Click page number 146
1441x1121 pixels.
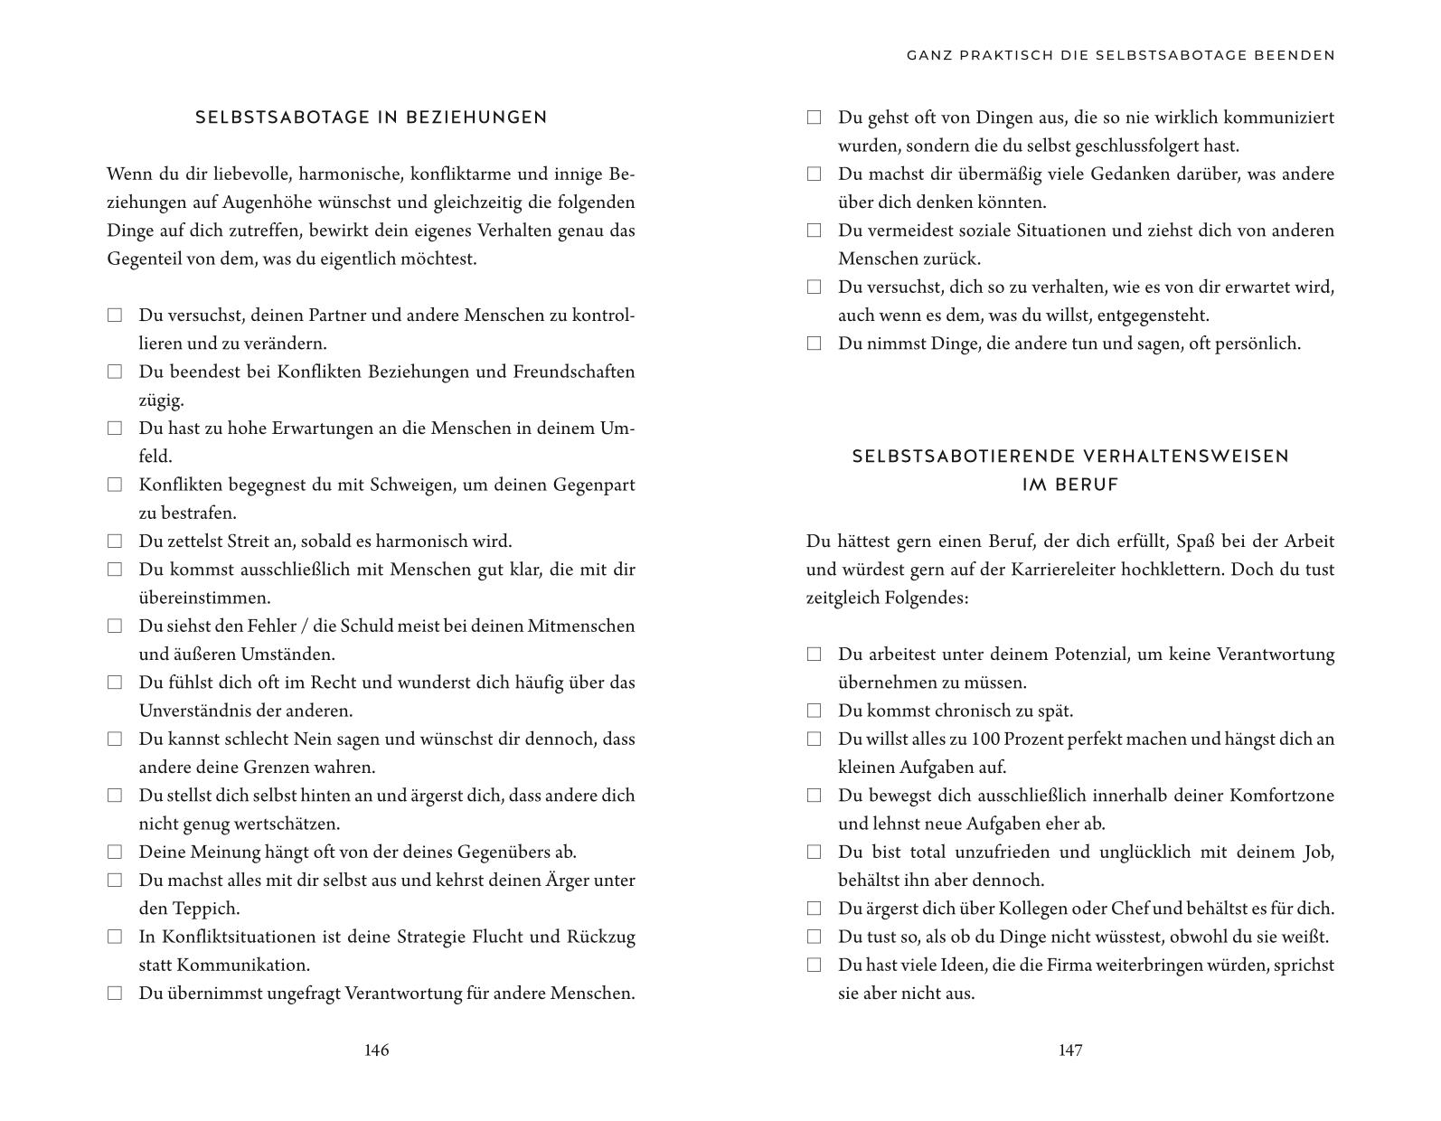(x=376, y=1050)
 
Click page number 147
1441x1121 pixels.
(x=1070, y=1050)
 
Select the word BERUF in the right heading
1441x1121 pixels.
(x=1070, y=485)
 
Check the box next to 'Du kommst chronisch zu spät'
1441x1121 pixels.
(x=814, y=711)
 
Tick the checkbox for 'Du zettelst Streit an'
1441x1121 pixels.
(x=115, y=542)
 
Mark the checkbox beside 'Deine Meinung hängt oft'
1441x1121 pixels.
(x=115, y=852)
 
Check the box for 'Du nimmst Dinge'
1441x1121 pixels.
(x=814, y=344)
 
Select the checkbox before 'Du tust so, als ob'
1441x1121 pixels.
(x=814, y=937)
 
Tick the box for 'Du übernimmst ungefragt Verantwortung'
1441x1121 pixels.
(x=115, y=993)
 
